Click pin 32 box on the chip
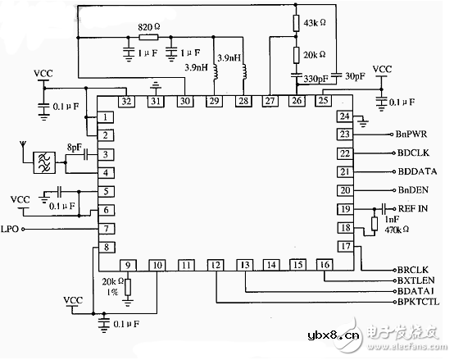tap(125, 101)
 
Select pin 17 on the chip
tap(345, 246)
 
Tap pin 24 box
tap(345, 116)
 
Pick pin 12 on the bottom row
tap(216, 265)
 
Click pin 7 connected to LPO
tap(107, 228)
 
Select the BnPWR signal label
tap(411, 134)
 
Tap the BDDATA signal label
tap(416, 171)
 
